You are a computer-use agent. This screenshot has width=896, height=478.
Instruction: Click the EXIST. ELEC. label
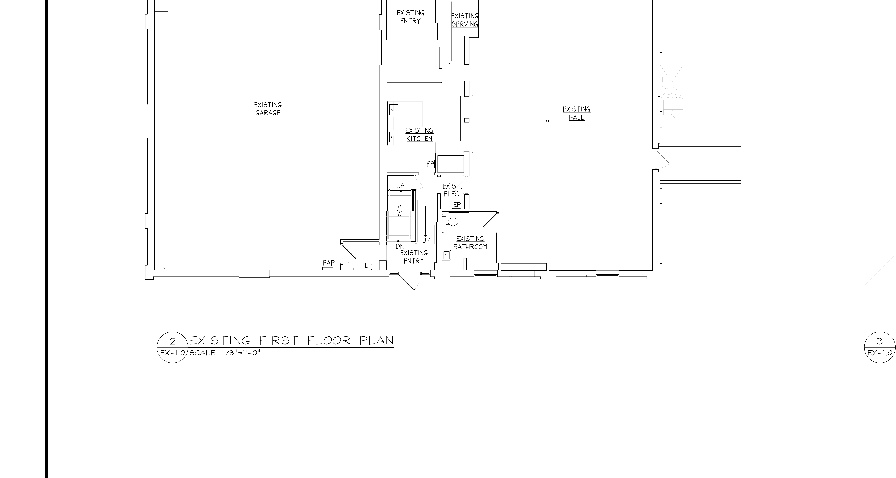[452, 190]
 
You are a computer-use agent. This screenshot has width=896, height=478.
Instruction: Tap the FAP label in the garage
[329, 263]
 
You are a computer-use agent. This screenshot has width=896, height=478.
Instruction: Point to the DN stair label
[400, 246]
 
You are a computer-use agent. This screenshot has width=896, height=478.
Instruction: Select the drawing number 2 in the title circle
[173, 341]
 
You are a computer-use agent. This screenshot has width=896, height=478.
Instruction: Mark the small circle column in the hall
[547, 121]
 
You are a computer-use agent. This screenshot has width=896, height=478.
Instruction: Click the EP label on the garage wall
[368, 265]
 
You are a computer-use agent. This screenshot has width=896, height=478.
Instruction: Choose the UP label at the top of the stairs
[400, 186]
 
